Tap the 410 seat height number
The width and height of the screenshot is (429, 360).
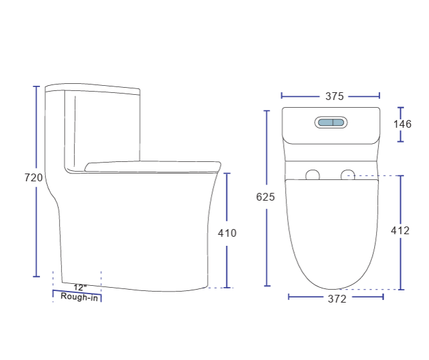click(x=227, y=233)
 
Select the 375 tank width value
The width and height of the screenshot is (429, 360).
click(x=334, y=96)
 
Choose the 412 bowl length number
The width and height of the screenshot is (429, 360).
click(x=400, y=230)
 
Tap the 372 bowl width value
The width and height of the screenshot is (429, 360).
click(x=337, y=299)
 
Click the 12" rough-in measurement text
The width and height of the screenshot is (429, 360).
click(x=79, y=287)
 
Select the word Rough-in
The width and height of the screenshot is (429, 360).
click(x=79, y=297)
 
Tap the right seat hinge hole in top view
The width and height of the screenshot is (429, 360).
click(x=348, y=175)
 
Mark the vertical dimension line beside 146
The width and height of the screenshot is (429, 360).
click(x=401, y=112)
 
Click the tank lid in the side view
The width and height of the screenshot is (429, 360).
click(x=92, y=88)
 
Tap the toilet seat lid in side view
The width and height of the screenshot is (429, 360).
click(x=152, y=165)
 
